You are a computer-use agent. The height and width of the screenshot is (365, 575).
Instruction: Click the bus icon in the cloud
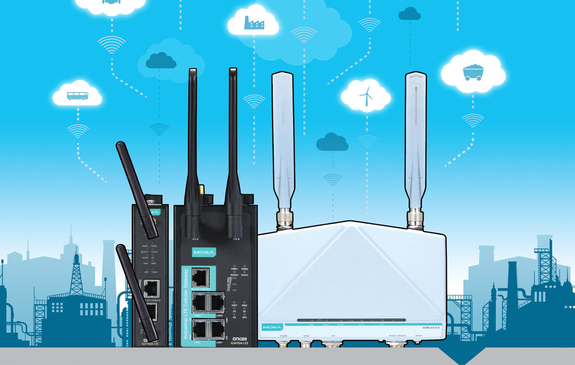pyautogui.click(x=77, y=96)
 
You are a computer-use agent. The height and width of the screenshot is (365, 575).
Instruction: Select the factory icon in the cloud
pyautogui.click(x=253, y=22)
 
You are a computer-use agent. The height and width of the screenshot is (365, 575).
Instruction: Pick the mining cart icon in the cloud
pyautogui.click(x=472, y=72)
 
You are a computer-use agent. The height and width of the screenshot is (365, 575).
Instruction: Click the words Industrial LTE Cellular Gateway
pyautogui.click(x=186, y=306)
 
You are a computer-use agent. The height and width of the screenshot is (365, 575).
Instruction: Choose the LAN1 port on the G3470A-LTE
pyautogui.click(x=218, y=330)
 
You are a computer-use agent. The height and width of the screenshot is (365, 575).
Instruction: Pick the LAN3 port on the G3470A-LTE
pyautogui.click(x=218, y=303)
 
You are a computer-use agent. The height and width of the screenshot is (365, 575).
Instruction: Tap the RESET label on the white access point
pyautogui.click(x=418, y=336)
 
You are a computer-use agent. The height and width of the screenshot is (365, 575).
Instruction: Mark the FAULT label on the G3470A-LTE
pyautogui.click(x=244, y=275)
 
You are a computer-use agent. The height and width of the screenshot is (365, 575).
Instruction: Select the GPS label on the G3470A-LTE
pyautogui.click(x=244, y=318)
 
